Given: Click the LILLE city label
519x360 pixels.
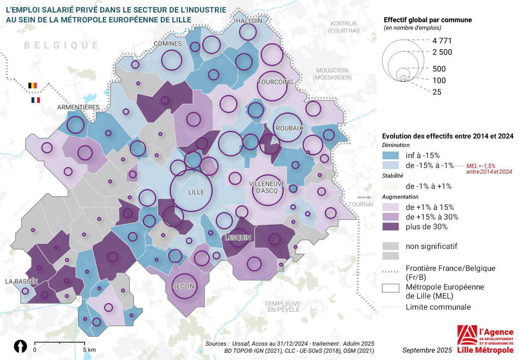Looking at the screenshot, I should [x=196, y=193].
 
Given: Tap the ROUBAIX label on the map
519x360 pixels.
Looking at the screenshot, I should [x=289, y=129].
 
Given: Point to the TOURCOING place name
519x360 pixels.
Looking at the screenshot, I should [x=275, y=82].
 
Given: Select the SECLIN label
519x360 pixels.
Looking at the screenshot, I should [x=183, y=286].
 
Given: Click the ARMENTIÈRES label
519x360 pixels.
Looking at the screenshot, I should [x=79, y=107].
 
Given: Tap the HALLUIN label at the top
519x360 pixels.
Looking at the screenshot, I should [x=249, y=21].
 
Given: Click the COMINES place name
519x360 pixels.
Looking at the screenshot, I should [x=168, y=44].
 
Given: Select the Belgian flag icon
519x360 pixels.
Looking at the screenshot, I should [x=33, y=86].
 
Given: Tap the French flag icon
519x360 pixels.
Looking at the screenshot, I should [x=35, y=100].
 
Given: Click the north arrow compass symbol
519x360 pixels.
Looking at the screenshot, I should [x=20, y=346].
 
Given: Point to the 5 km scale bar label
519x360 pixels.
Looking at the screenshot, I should [x=89, y=350].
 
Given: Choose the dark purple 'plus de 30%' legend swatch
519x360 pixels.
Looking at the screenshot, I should [x=391, y=227].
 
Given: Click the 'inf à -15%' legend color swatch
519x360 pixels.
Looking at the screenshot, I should [x=391, y=155].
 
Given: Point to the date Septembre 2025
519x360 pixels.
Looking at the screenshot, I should [x=427, y=350].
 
